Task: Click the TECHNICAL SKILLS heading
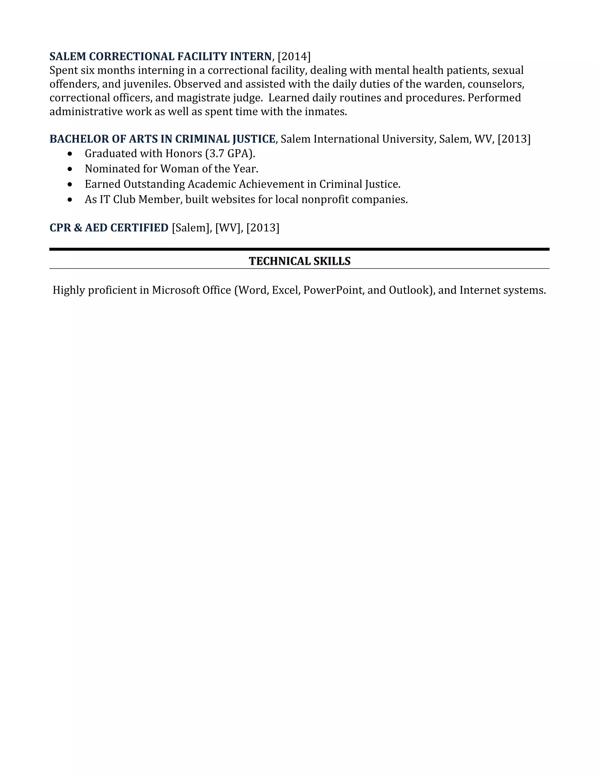[x=299, y=261]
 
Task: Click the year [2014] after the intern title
[x=294, y=56]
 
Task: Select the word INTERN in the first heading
[x=251, y=56]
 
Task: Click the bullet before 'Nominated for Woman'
[x=70, y=169]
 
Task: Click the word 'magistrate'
[x=203, y=98]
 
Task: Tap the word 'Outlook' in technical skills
[x=409, y=290]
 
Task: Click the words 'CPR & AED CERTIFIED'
[x=109, y=228]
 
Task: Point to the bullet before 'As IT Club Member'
[x=70, y=200]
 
